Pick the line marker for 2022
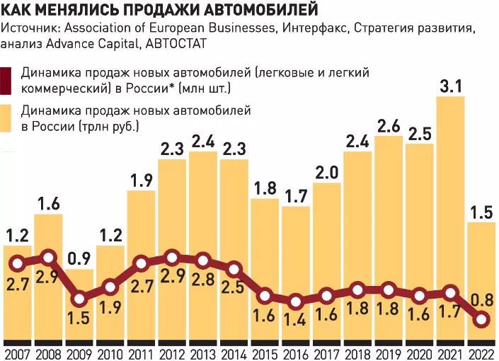[481, 319]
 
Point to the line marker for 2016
[296, 302]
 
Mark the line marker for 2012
[172, 258]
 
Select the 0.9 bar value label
[79, 259]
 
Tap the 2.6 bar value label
[389, 127]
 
